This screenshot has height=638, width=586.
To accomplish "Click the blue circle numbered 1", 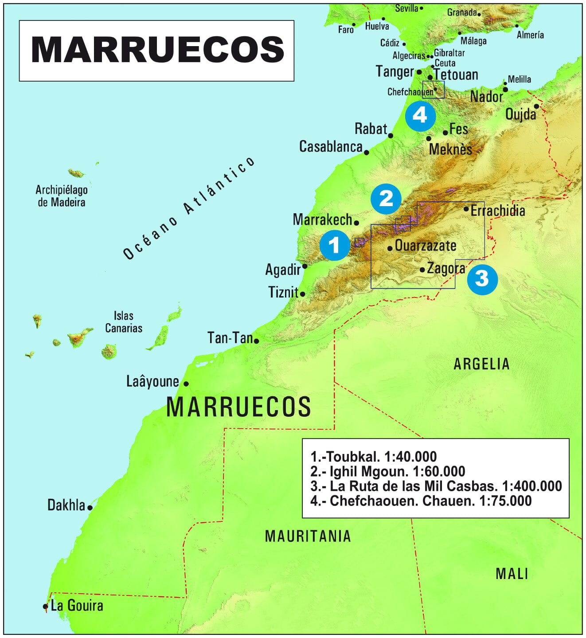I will click(x=335, y=245).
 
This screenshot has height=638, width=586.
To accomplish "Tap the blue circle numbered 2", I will click(x=386, y=199).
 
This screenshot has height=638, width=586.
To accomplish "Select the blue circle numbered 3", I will click(x=482, y=279).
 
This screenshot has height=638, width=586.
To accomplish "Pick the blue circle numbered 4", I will click(x=420, y=116).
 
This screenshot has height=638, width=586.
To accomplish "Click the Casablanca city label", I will click(x=331, y=147).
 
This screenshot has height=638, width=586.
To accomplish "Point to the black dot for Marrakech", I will click(x=356, y=223).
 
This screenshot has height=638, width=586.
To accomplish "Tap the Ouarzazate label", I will click(x=425, y=246).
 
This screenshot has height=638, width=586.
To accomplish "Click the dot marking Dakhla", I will click(x=90, y=508).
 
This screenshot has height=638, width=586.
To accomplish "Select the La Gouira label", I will click(x=77, y=606).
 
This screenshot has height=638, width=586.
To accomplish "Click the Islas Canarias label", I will click(x=123, y=322).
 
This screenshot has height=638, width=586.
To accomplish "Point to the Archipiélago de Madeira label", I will click(x=62, y=196).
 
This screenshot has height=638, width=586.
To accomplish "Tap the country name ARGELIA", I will click(x=481, y=364).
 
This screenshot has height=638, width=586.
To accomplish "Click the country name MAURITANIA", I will click(x=308, y=536).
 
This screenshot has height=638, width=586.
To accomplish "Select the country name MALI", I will click(x=512, y=574).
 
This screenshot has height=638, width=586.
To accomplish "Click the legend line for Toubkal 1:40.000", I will click(x=374, y=457).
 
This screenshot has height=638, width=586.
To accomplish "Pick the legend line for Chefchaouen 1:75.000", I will click(x=421, y=501).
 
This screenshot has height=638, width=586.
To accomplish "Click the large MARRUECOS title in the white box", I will click(x=157, y=50).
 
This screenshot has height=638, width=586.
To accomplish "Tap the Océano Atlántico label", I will click(x=189, y=208).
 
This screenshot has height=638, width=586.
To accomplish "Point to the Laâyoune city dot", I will click(x=186, y=384).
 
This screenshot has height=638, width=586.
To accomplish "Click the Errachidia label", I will click(x=497, y=211).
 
